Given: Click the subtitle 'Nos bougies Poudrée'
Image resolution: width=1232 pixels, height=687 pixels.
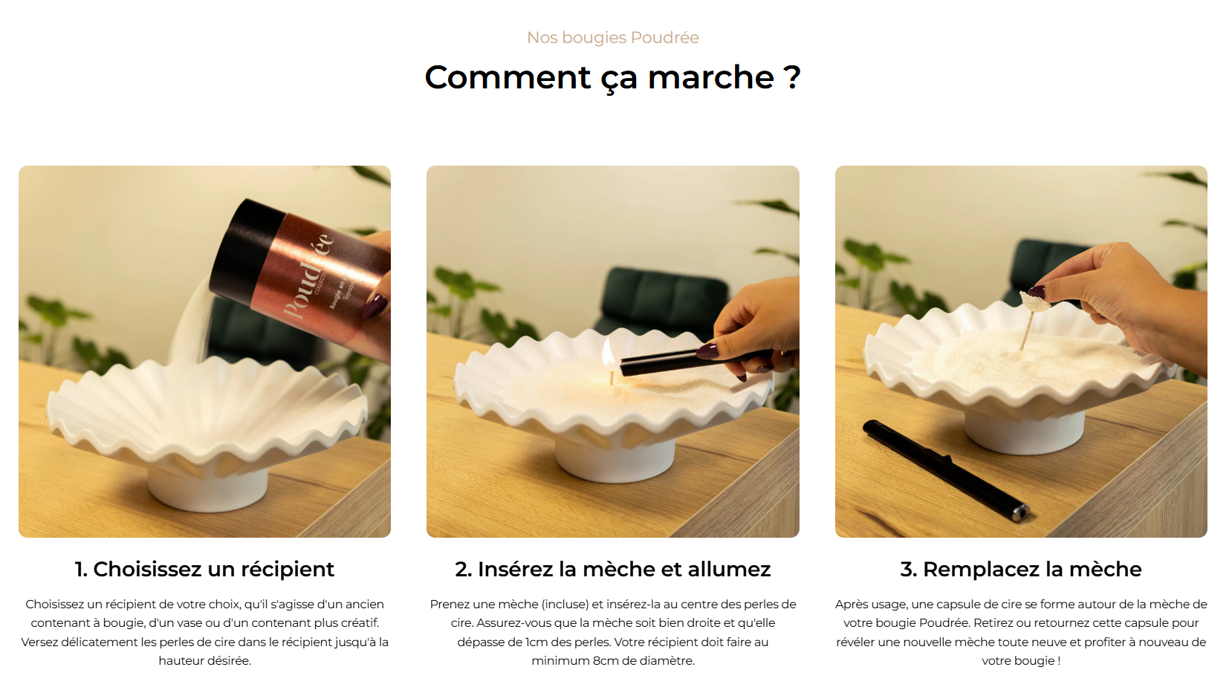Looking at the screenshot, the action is [x=613, y=37].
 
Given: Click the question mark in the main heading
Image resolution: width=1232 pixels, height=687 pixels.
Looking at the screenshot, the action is [x=791, y=77].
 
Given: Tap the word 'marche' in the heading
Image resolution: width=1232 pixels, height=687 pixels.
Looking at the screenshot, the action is [x=711, y=77].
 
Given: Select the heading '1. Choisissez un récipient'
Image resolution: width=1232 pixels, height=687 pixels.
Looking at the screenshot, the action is [x=204, y=569].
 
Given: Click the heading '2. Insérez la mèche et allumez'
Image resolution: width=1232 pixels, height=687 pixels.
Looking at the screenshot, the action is [x=613, y=569].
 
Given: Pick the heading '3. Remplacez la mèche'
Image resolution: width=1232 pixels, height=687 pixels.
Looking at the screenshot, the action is [x=1021, y=569].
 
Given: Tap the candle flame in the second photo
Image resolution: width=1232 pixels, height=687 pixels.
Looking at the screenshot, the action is [x=609, y=354].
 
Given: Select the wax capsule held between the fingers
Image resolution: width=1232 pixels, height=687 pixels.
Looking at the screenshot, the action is [x=1034, y=302].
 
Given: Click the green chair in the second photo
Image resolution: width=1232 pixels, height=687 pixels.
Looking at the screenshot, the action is [x=660, y=299].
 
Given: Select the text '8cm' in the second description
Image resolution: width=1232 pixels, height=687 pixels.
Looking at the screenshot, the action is [x=606, y=660].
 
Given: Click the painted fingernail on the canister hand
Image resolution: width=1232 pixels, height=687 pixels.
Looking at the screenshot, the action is [x=375, y=306].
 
